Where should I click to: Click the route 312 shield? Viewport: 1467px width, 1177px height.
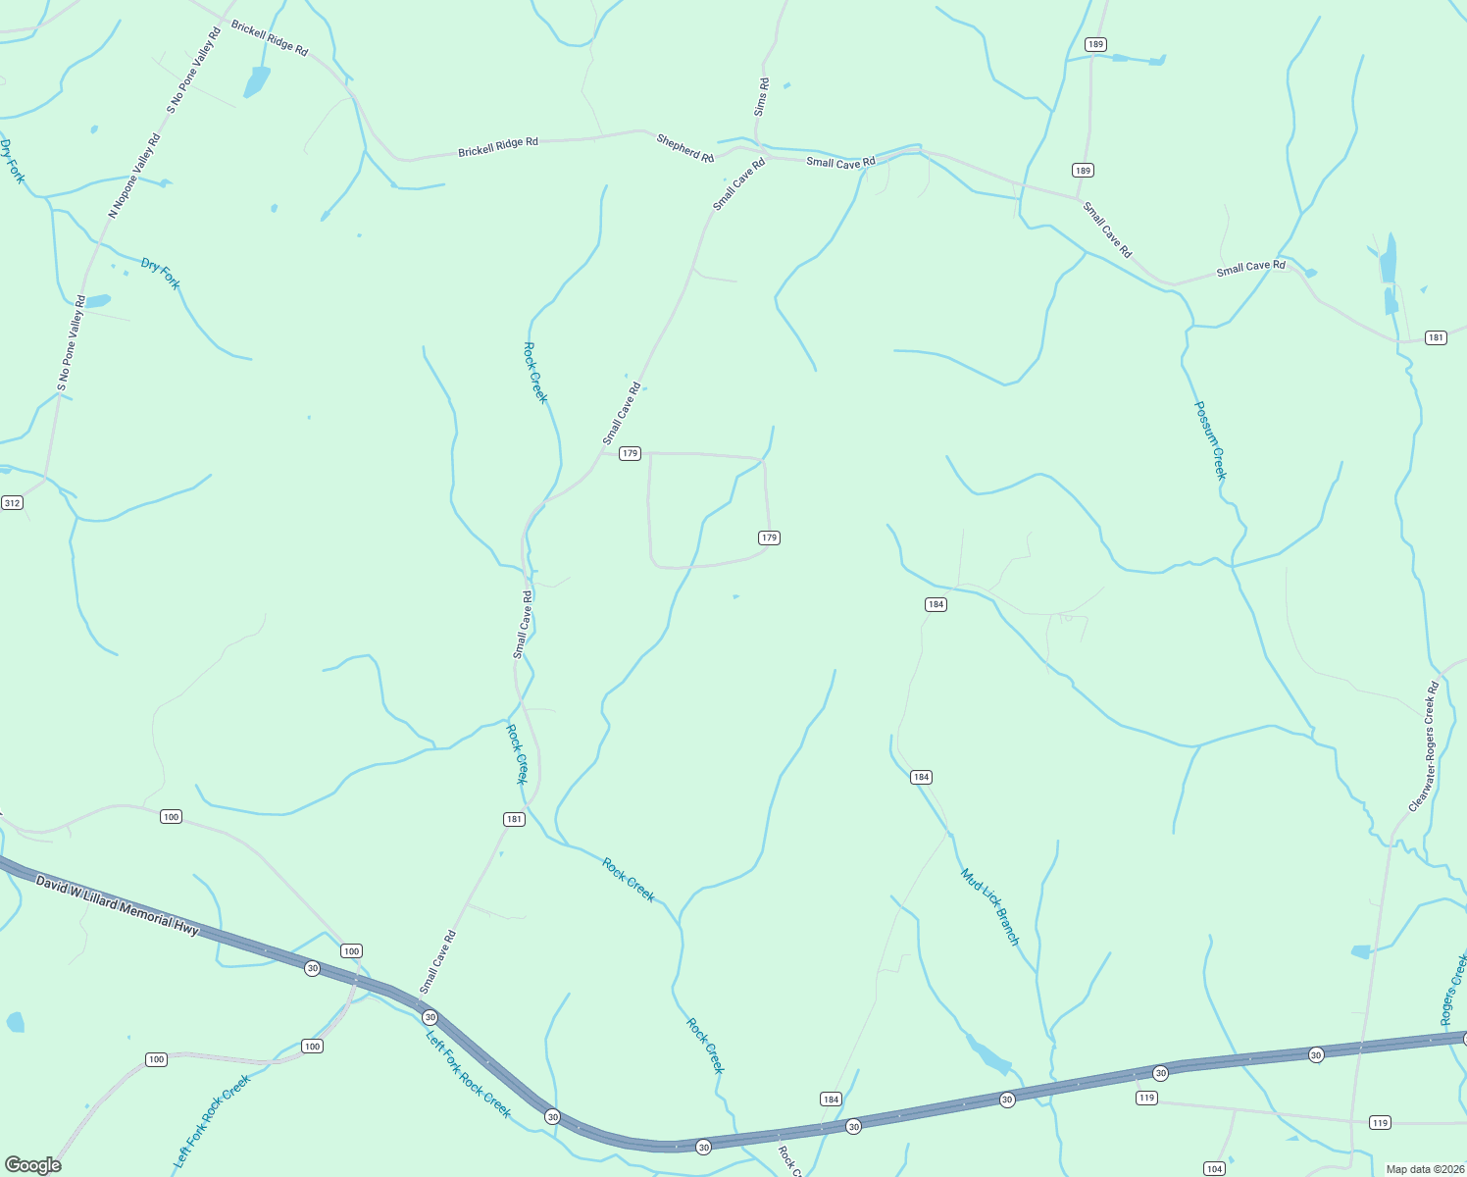pyautogui.click(x=12, y=503)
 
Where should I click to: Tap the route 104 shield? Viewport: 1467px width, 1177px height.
pyautogui.click(x=1214, y=1168)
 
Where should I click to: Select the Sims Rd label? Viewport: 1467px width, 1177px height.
pyautogui.click(x=762, y=98)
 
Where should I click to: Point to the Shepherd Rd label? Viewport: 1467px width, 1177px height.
pyautogui.click(x=684, y=149)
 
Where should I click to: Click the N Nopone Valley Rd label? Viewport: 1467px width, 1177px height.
pyautogui.click(x=134, y=177)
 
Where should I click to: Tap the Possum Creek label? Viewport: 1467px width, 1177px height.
pyautogui.click(x=1210, y=440)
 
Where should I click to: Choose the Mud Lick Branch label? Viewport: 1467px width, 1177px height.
pyautogui.click(x=990, y=906)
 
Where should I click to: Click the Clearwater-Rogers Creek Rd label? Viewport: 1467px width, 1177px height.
pyautogui.click(x=1424, y=746)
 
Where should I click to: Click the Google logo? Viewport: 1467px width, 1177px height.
pyautogui.click(x=32, y=1164)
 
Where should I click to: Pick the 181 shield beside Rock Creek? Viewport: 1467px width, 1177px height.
pyautogui.click(x=514, y=819)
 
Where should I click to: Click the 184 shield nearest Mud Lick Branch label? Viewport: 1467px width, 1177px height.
pyautogui.click(x=920, y=777)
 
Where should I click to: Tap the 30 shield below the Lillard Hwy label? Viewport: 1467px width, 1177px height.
pyautogui.click(x=312, y=968)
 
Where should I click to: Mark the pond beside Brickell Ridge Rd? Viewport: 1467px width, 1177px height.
pyautogui.click(x=256, y=82)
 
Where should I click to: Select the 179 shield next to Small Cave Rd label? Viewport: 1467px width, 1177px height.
pyautogui.click(x=630, y=453)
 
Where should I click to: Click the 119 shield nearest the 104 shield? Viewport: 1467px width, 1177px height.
pyautogui.click(x=1147, y=1098)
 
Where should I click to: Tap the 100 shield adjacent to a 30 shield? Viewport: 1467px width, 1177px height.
pyautogui.click(x=351, y=950)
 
